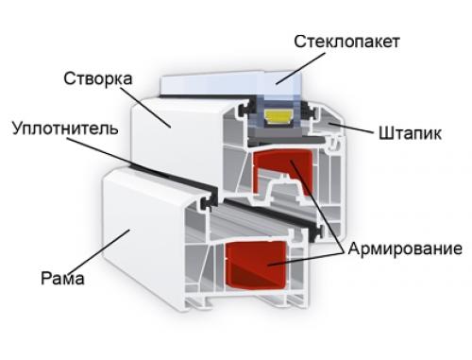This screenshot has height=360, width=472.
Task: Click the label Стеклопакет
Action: click(x=347, y=42)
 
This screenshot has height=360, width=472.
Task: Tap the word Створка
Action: click(x=98, y=77)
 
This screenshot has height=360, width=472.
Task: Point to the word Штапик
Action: click(x=411, y=132)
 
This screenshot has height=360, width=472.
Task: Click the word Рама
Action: click(x=63, y=279)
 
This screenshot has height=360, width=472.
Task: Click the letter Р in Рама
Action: click(x=45, y=279)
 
